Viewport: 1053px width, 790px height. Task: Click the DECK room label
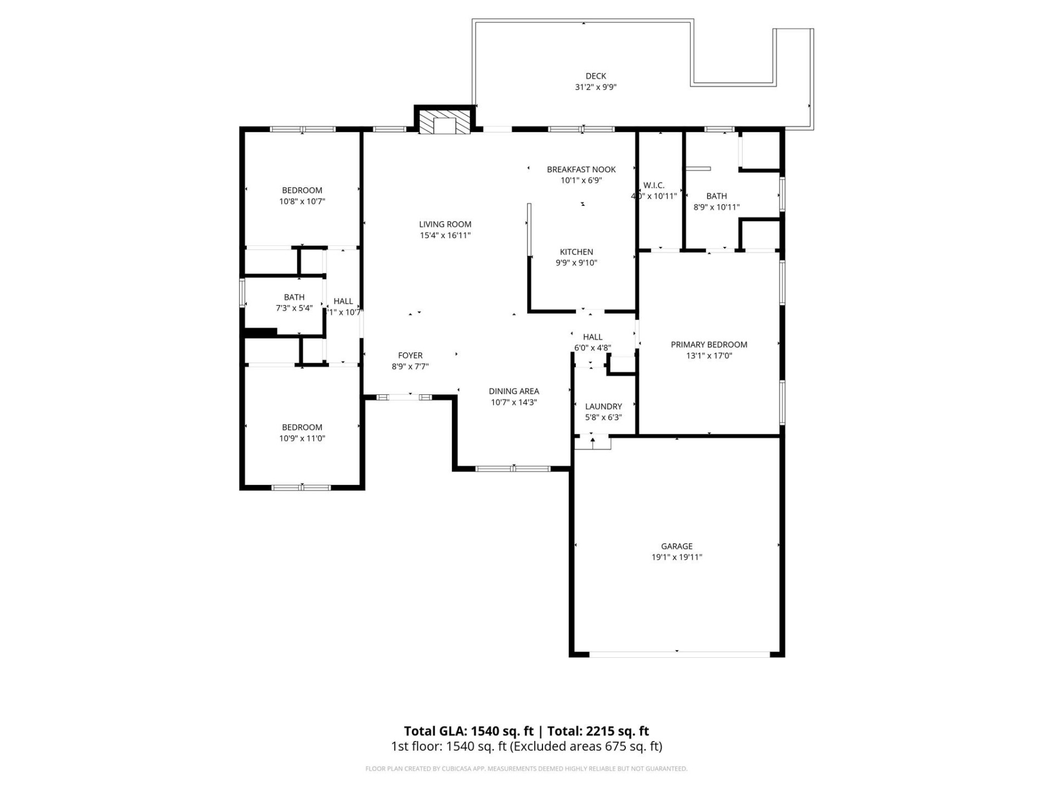596,76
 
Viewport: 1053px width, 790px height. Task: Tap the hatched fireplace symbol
444,122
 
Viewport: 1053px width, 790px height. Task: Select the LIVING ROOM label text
445,224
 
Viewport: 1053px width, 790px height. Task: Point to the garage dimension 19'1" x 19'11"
677,557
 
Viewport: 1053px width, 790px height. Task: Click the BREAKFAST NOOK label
581,170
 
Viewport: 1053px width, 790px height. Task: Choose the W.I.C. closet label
654,185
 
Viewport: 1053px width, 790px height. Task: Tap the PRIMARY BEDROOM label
709,345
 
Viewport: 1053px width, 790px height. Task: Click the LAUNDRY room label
603,407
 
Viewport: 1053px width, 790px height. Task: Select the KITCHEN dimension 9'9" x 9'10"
576,263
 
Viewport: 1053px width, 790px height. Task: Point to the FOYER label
410,356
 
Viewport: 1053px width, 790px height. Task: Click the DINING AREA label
514,391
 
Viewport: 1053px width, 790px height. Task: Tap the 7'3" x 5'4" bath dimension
294,308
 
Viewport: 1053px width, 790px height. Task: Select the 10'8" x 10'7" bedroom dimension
302,201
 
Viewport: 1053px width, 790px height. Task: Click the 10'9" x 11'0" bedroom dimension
302,438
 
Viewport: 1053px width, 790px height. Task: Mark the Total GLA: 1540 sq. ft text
468,731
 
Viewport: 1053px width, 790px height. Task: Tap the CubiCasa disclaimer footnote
526,769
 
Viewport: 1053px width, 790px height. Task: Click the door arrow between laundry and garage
593,441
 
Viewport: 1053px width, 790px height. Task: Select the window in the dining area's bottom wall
513,469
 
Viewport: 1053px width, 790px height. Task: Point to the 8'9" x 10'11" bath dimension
716,207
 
